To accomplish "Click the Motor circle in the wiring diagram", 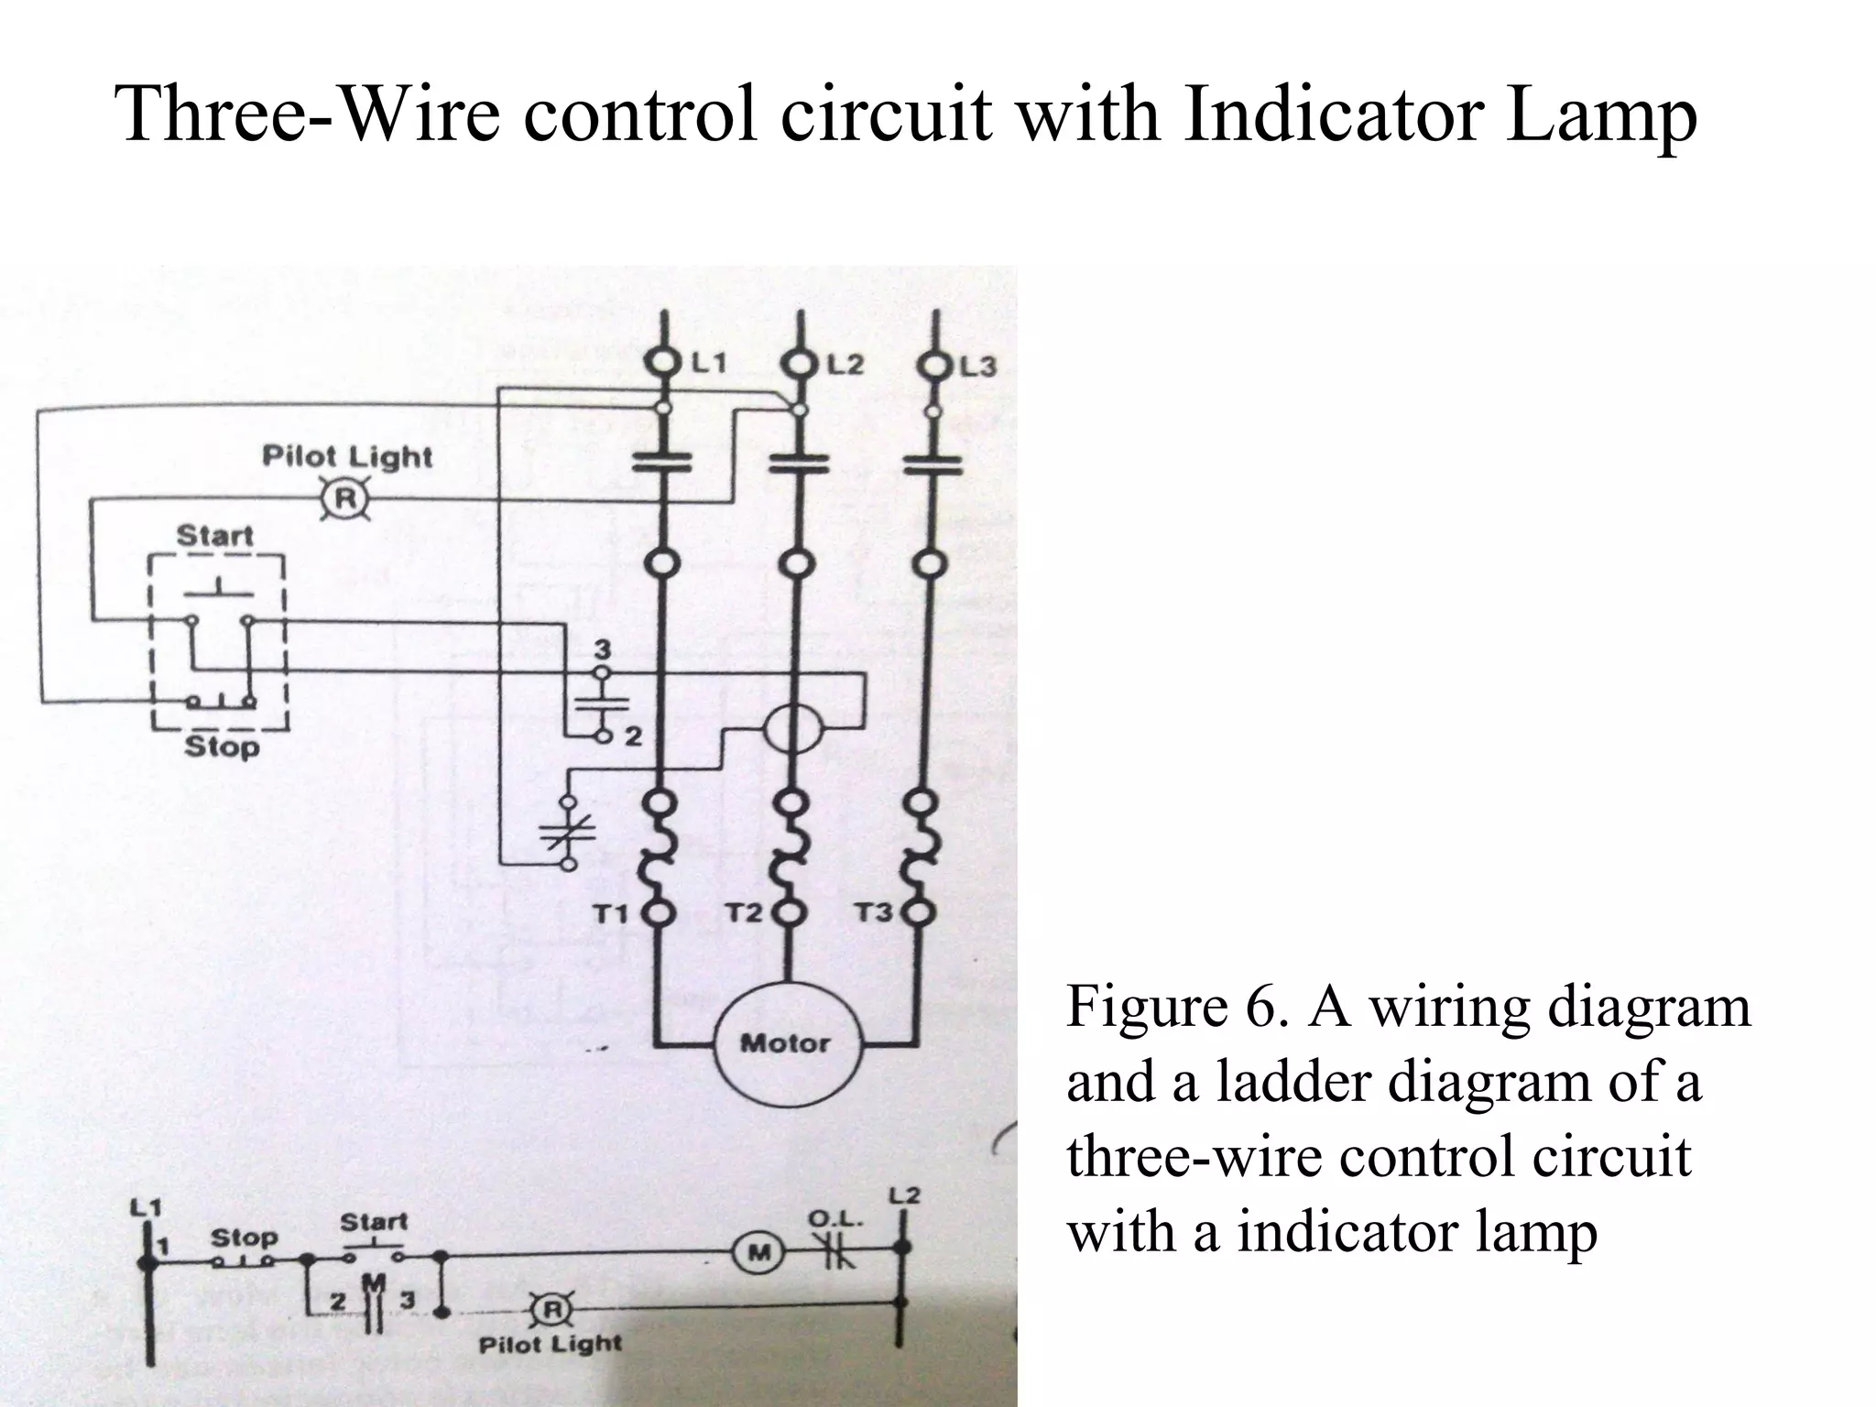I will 784,1043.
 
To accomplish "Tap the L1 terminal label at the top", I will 708,364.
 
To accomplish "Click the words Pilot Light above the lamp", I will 346,455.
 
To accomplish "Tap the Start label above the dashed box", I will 214,535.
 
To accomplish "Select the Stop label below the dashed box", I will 222,747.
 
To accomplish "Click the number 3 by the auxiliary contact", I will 602,650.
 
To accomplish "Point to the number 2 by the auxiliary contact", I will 633,736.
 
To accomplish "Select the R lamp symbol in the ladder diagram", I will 552,1311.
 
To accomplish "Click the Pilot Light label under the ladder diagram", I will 550,1345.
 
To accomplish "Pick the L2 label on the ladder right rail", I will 904,1196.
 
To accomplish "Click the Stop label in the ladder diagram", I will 244,1237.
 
